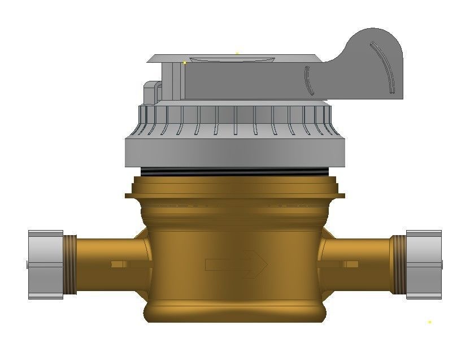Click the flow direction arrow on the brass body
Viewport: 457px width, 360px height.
tap(236, 263)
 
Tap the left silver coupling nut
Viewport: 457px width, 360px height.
tap(45, 264)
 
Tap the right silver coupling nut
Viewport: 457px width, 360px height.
tap(423, 264)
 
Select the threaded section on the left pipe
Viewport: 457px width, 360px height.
tap(70, 264)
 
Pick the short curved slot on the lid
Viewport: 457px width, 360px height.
tap(307, 81)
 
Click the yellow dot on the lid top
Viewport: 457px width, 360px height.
tap(185, 63)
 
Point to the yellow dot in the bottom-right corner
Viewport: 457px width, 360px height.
tap(429, 322)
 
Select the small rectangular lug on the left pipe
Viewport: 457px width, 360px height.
tap(119, 264)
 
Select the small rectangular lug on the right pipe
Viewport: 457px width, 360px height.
tap(351, 264)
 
